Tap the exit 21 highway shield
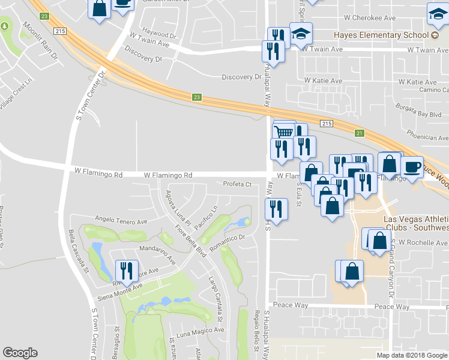pyautogui.click(x=360, y=133)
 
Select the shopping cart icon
pyautogui.click(x=285, y=131)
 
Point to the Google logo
pyautogui.click(x=20, y=353)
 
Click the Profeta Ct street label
pyautogui.click(x=237, y=184)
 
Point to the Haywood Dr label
pyautogui.click(x=159, y=33)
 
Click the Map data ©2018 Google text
pyautogui.click(x=411, y=355)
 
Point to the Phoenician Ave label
pyautogui.click(x=428, y=137)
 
